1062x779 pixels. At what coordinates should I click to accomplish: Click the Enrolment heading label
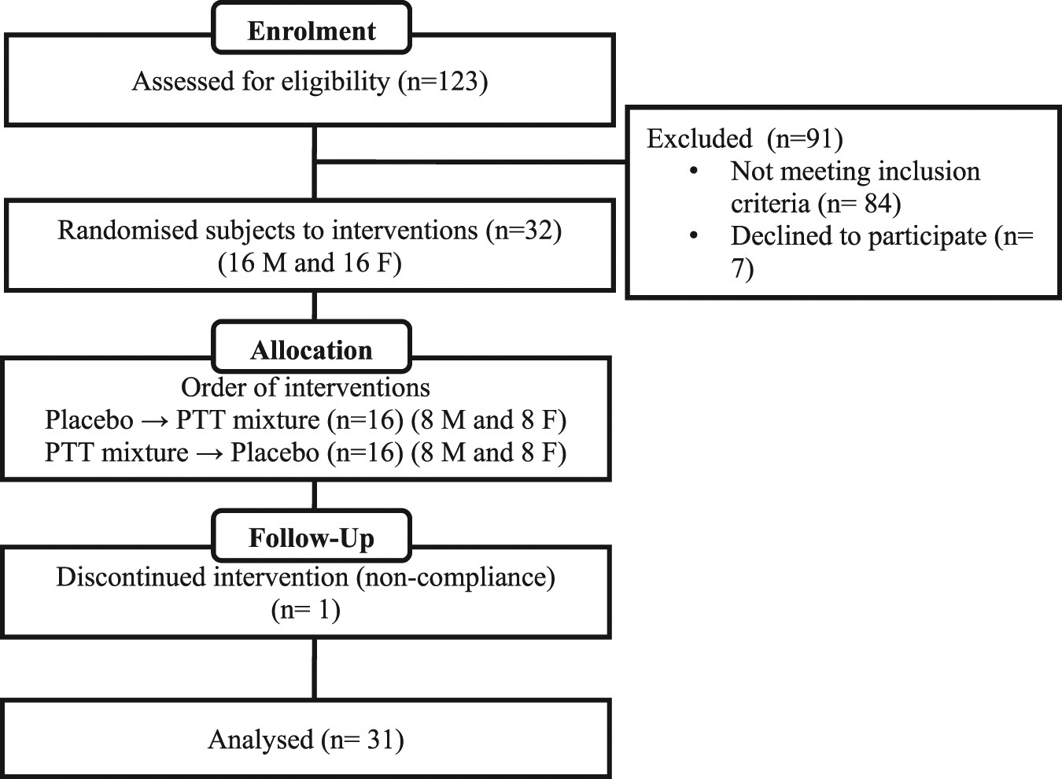(312, 31)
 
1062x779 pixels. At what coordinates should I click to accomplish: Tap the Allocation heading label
(312, 350)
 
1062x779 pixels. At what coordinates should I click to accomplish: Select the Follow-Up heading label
(312, 538)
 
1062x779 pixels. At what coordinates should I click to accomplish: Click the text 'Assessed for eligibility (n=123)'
(309, 81)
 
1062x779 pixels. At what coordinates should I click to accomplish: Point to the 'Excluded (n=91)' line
(744, 138)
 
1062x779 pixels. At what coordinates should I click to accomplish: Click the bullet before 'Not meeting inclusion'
(693, 172)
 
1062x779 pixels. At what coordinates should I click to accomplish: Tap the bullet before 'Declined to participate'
(693, 236)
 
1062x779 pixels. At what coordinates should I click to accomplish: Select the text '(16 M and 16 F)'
(309, 263)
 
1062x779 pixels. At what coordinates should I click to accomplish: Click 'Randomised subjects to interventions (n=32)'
(309, 230)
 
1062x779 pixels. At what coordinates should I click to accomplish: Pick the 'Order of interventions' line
(305, 387)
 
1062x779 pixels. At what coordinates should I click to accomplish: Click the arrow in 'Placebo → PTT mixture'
(154, 420)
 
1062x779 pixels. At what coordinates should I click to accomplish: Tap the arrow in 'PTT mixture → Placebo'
(209, 453)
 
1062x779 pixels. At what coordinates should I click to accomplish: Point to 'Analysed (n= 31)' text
(305, 740)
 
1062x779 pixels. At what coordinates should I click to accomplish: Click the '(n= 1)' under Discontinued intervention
(305, 610)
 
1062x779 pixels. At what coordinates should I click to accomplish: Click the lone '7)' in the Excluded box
(742, 269)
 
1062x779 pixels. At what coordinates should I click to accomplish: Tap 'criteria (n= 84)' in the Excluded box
(815, 204)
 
